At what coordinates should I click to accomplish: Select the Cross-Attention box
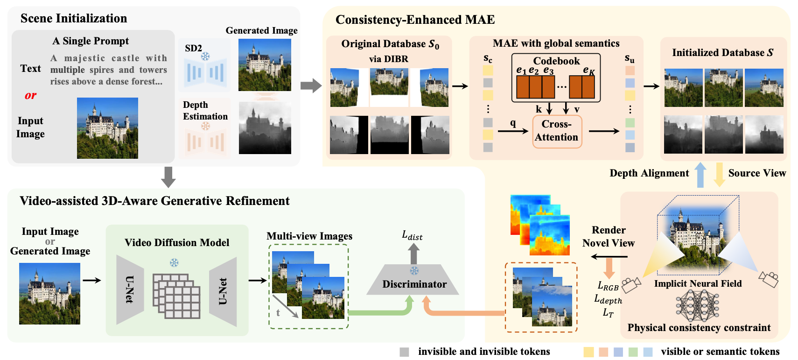click(557, 131)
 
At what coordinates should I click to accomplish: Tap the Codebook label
click(556, 61)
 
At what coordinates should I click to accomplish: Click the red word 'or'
click(30, 95)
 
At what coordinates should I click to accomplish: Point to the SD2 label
click(193, 48)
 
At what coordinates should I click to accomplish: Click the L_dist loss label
click(412, 235)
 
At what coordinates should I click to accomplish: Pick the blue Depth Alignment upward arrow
click(700, 175)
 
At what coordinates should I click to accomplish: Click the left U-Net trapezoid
click(130, 289)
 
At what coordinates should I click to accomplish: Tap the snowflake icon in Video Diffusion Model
click(174, 262)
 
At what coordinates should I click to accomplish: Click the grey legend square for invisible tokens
click(404, 352)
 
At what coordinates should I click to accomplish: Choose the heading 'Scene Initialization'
click(74, 18)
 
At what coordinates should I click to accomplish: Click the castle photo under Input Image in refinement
click(49, 293)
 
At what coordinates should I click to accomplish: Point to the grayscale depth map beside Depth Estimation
click(265, 128)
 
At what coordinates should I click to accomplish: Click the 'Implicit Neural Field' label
click(698, 283)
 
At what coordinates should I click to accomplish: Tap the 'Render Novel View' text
click(608, 236)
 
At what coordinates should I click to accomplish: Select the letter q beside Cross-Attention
click(513, 123)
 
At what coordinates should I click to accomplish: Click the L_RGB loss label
click(608, 286)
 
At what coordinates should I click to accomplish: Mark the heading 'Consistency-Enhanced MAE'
click(415, 20)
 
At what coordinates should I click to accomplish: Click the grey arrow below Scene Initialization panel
click(168, 177)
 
